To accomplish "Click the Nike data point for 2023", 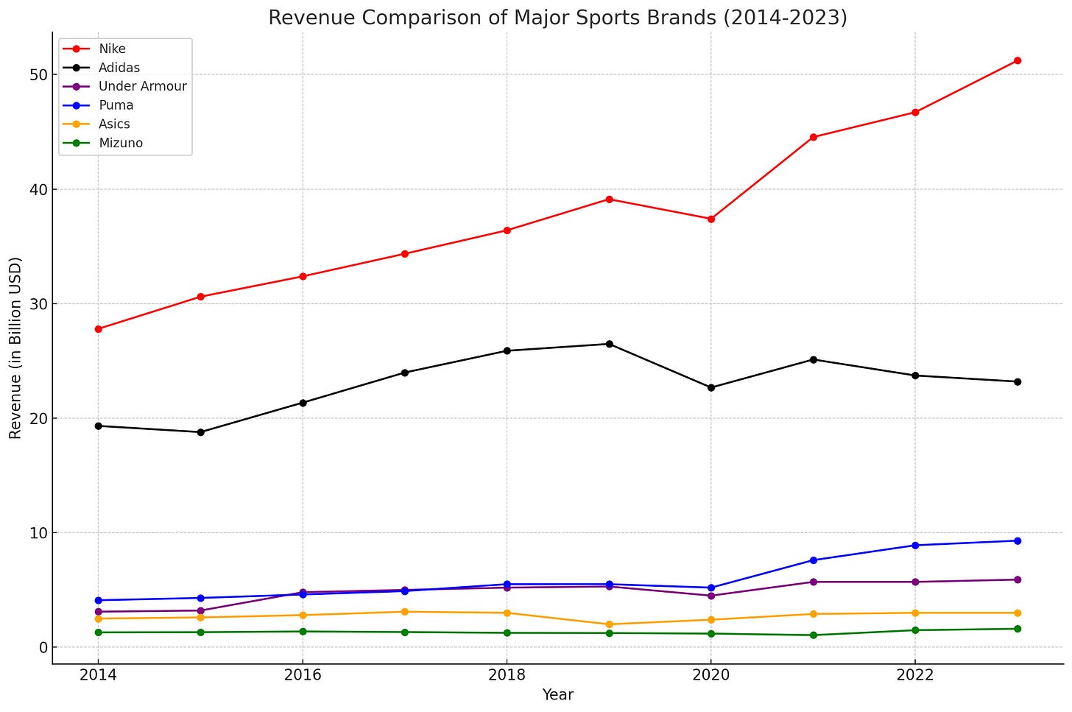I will pyautogui.click(x=1017, y=60).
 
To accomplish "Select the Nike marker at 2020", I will pyautogui.click(x=710, y=219).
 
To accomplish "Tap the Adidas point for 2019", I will pyautogui.click(x=609, y=344).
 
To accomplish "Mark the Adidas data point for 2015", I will pyautogui.click(x=200, y=432).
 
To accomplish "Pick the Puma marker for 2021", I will pyautogui.click(x=813, y=560).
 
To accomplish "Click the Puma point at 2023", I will pyautogui.click(x=1017, y=541).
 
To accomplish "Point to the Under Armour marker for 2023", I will pyautogui.click(x=1017, y=579).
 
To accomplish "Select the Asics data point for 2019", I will pyautogui.click(x=609, y=624).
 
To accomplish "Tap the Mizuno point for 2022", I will pyautogui.click(x=915, y=630).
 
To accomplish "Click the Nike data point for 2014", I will pyautogui.click(x=98, y=329).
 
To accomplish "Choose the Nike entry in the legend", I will pyautogui.click(x=112, y=49).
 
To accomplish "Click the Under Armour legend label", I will pyautogui.click(x=142, y=86).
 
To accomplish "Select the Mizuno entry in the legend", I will pyautogui.click(x=120, y=144).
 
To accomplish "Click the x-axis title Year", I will pyautogui.click(x=557, y=695).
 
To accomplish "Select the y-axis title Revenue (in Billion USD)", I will pyautogui.click(x=16, y=348).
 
